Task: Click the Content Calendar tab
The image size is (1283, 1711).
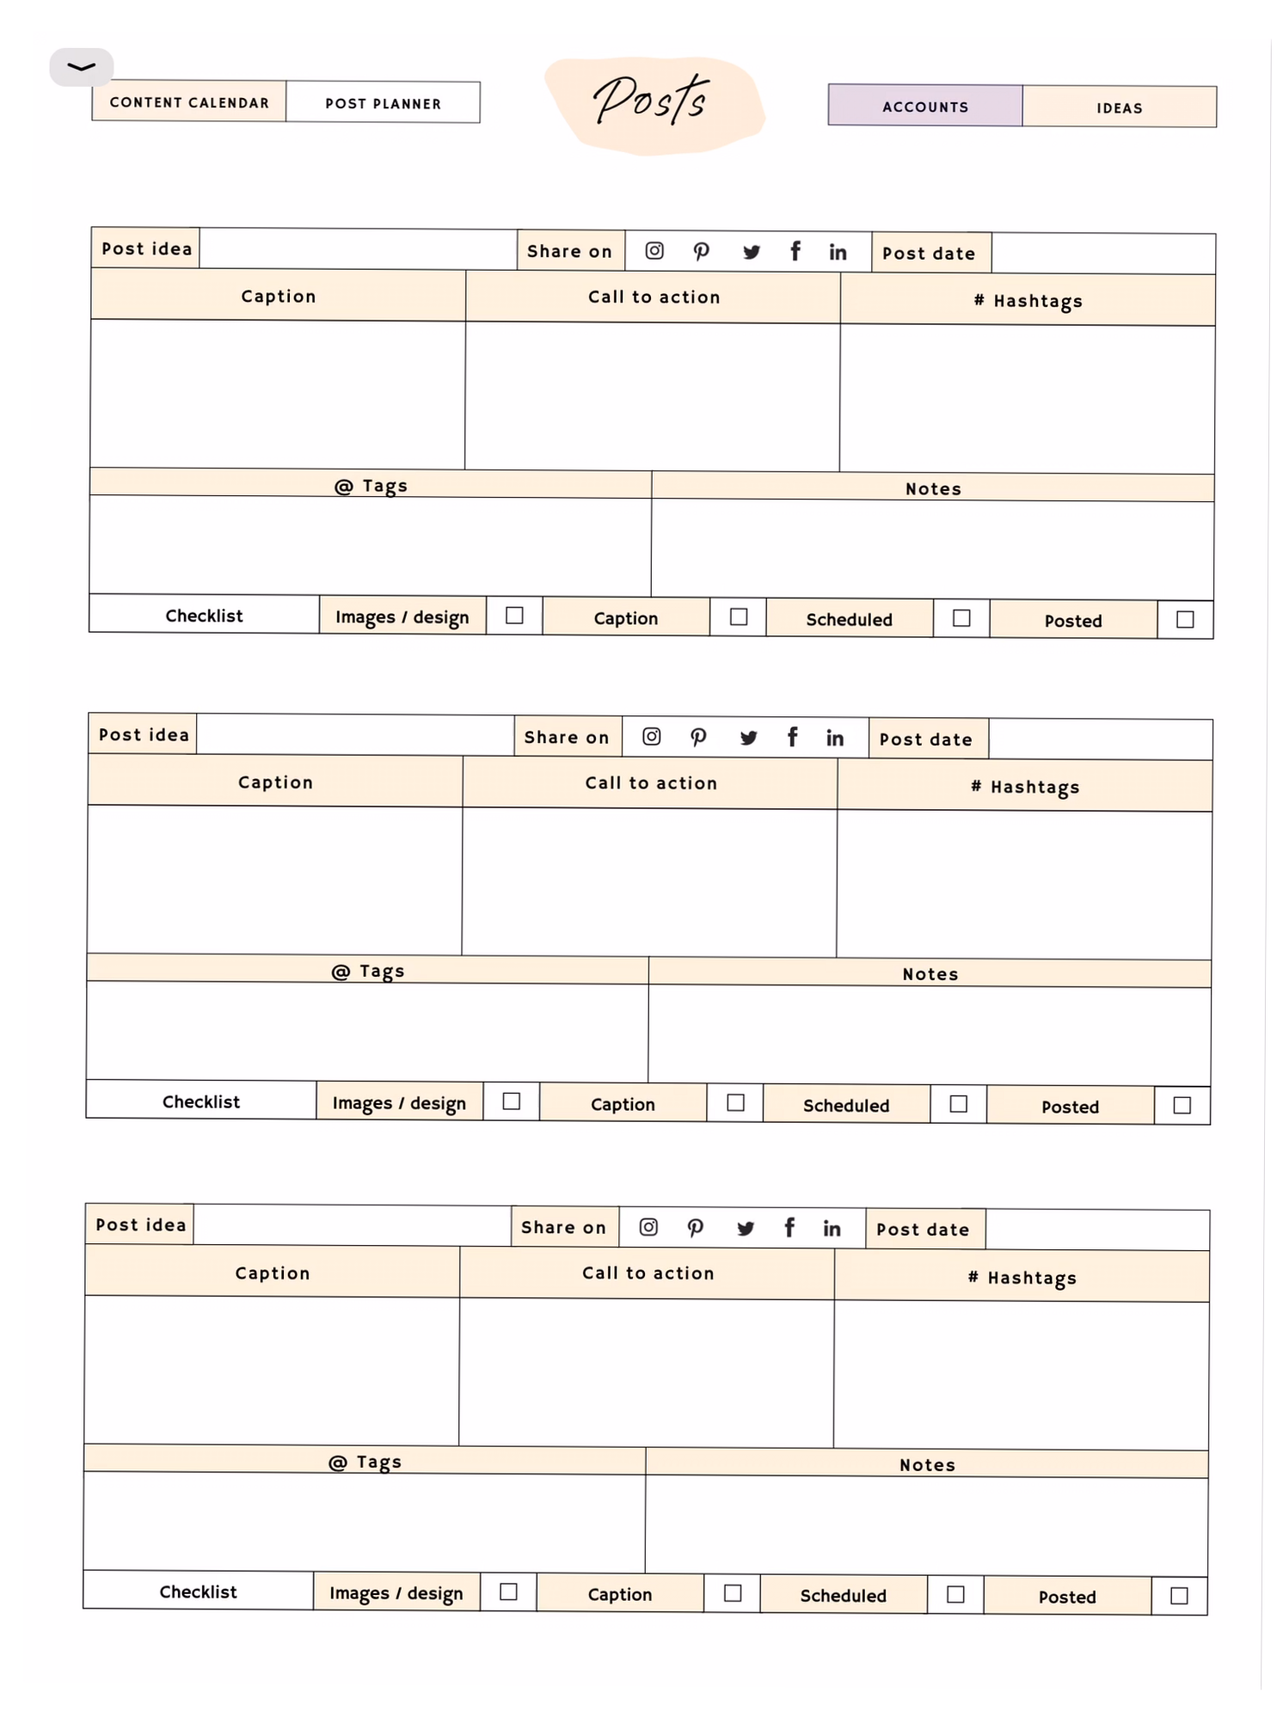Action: pyautogui.click(x=189, y=102)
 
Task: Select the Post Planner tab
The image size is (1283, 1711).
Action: pyautogui.click(x=383, y=103)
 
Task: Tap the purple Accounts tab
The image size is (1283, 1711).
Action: pyautogui.click(x=925, y=107)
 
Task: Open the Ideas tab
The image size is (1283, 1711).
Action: pyautogui.click(x=1119, y=107)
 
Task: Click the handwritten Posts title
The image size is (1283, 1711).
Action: pyautogui.click(x=652, y=101)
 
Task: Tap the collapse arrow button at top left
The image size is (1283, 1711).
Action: pyautogui.click(x=81, y=67)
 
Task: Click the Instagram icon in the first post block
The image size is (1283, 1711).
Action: pyautogui.click(x=654, y=250)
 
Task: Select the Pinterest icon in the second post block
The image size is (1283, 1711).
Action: pyautogui.click(x=698, y=737)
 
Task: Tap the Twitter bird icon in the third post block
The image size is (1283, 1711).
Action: pyautogui.click(x=746, y=1228)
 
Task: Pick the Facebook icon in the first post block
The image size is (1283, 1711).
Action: pyautogui.click(x=795, y=251)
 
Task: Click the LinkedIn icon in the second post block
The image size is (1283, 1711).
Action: pyautogui.click(x=834, y=738)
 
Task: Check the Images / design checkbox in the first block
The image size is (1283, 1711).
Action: pyautogui.click(x=514, y=616)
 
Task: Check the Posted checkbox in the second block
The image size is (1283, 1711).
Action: pyautogui.click(x=1182, y=1105)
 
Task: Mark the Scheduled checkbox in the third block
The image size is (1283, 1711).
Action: pyautogui.click(x=955, y=1594)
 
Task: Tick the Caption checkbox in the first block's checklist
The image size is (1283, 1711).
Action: pyautogui.click(x=738, y=617)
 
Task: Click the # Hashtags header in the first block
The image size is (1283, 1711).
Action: pyautogui.click(x=1028, y=301)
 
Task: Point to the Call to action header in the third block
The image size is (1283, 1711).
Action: pyautogui.click(x=648, y=1273)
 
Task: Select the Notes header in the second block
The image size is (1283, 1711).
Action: pyautogui.click(x=930, y=973)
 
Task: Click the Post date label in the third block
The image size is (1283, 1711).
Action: pyautogui.click(x=923, y=1230)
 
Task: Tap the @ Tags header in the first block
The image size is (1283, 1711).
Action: pyautogui.click(x=371, y=486)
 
